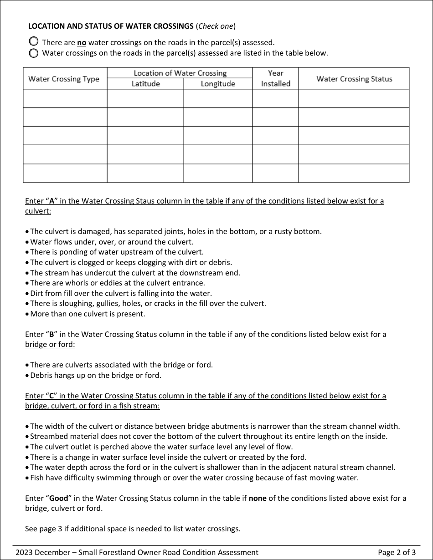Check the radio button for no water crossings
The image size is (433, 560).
[x=33, y=41]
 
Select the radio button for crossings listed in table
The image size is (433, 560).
[x=33, y=53]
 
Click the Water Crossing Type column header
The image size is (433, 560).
[x=64, y=79]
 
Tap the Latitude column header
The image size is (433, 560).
[x=145, y=84]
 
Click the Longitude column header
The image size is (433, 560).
[x=218, y=84]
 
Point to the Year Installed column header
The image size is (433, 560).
[x=275, y=78]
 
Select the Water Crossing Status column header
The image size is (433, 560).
[x=354, y=79]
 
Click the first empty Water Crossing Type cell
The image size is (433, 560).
[x=65, y=98]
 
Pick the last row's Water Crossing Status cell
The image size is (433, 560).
[x=354, y=173]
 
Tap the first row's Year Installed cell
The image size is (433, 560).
[x=275, y=98]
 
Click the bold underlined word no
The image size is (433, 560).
[x=82, y=43]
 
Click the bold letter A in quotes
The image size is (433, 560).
[x=52, y=201]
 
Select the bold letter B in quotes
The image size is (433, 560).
[x=52, y=335]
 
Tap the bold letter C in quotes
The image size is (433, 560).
[x=52, y=396]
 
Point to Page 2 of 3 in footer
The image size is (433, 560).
[x=397, y=552]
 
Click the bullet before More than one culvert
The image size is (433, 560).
[x=27, y=314]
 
